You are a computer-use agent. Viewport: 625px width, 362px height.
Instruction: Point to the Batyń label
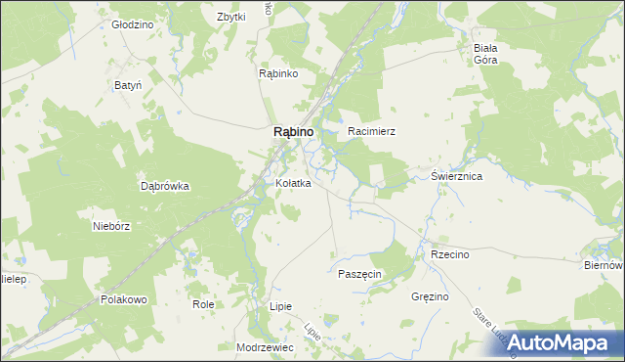click(x=128, y=85)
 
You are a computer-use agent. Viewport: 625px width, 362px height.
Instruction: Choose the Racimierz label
click(x=371, y=130)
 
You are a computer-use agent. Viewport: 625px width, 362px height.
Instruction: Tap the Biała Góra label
click(x=485, y=54)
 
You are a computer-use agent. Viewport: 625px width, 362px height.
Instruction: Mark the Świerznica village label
click(x=457, y=177)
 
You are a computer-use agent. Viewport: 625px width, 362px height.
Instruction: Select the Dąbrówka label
click(x=164, y=185)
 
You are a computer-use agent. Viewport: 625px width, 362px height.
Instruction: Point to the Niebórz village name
click(x=110, y=225)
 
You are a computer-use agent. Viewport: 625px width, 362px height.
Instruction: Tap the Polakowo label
click(x=123, y=299)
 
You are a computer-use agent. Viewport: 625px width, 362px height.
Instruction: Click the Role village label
click(x=203, y=304)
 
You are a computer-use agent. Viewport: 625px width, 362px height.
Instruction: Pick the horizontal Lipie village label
click(x=280, y=306)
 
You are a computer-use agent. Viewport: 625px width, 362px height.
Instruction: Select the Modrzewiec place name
click(x=265, y=347)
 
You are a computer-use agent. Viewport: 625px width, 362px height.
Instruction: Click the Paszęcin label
click(x=359, y=274)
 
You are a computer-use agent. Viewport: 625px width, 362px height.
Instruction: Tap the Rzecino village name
click(x=450, y=254)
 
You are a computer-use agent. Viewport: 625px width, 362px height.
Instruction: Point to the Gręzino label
click(x=430, y=295)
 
